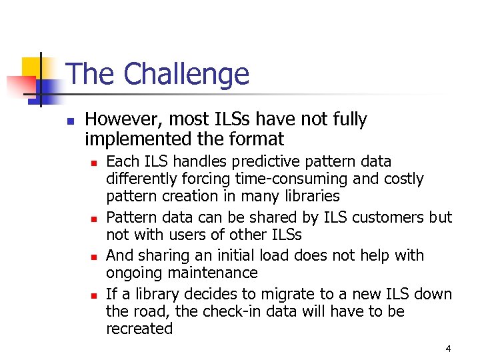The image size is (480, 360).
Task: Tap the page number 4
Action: click(x=448, y=348)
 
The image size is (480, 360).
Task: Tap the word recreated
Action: click(x=139, y=329)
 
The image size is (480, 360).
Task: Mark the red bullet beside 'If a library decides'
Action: click(x=95, y=295)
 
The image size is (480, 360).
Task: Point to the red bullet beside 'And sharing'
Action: click(x=95, y=257)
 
